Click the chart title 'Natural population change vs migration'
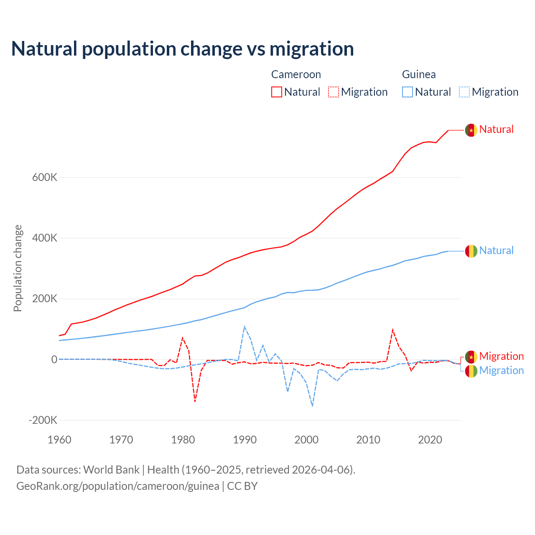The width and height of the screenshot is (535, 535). tap(183, 49)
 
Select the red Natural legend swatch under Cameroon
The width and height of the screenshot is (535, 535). tap(277, 92)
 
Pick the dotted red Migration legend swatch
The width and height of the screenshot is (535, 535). tap(334, 92)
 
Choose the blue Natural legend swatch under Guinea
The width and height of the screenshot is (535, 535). tap(408, 92)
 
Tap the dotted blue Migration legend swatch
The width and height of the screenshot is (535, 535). tap(464, 92)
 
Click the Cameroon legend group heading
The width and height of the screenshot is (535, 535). tap(296, 74)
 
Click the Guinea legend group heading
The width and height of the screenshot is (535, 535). tap(419, 74)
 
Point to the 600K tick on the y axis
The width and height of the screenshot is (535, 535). tap(45, 178)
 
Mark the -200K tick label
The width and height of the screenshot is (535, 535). tap(43, 420)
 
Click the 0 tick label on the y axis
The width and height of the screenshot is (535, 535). tap(54, 359)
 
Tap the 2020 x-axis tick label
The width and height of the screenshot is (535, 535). tap(430, 440)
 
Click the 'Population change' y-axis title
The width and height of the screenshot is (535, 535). tap(18, 268)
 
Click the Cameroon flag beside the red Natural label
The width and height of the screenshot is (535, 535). tap(471, 130)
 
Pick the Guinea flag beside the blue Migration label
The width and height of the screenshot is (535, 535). tap(471, 371)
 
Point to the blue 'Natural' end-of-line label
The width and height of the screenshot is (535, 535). tap(496, 250)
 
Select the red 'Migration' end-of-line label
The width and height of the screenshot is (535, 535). tap(501, 356)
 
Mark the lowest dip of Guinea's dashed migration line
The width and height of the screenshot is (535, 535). tap(312, 406)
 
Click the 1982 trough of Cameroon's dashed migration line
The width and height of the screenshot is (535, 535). tap(195, 402)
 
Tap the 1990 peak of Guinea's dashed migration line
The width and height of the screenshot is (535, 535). tap(244, 326)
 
